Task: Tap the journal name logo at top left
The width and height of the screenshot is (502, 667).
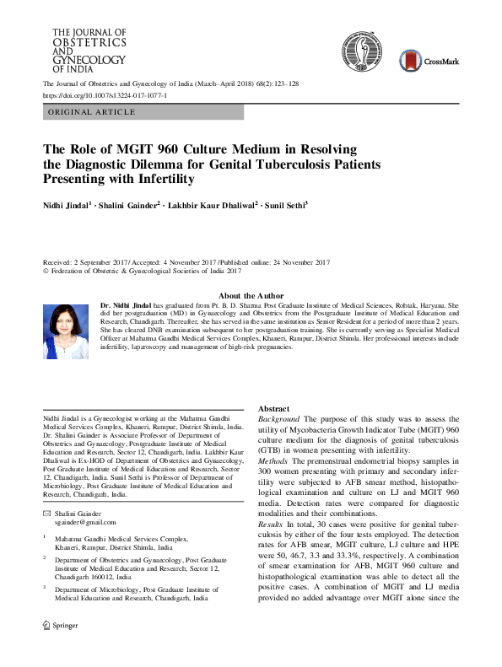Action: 84,50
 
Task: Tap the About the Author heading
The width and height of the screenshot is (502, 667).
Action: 251,295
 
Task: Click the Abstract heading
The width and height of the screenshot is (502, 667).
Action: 273,408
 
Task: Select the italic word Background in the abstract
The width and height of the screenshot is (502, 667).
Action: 279,419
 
